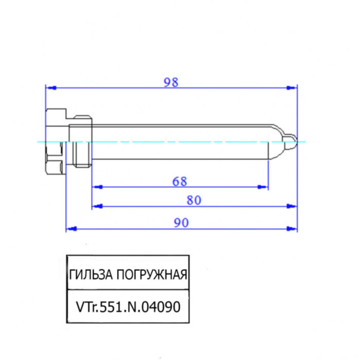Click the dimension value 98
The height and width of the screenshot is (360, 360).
[x=171, y=82]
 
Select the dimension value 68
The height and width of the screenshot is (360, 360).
[x=179, y=182]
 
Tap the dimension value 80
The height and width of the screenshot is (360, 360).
[x=193, y=200]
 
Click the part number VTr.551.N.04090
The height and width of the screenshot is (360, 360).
[x=128, y=307]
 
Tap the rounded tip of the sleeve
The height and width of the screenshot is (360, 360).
[x=292, y=141]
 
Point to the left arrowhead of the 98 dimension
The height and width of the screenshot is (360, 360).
[x=50, y=87]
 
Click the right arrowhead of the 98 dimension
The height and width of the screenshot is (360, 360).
[x=293, y=87]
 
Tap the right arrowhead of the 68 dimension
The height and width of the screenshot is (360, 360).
[x=264, y=187]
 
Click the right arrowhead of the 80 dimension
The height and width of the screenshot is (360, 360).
[x=293, y=206]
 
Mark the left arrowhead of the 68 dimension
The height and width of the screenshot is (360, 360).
[x=96, y=187]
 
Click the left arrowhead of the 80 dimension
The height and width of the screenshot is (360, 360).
[x=96, y=206]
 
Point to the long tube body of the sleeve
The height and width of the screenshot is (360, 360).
[x=180, y=141]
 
